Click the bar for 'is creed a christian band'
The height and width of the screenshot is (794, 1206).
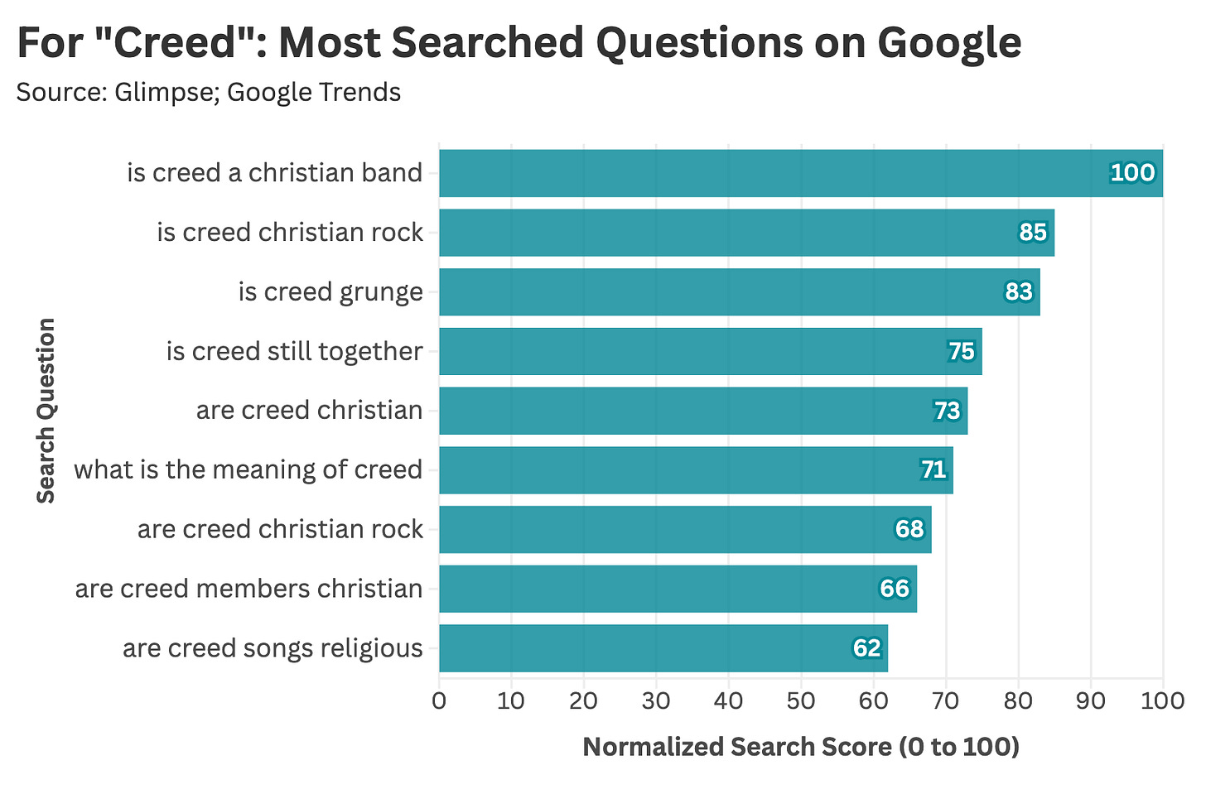pos(800,173)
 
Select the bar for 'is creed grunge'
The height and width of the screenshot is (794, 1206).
pos(739,291)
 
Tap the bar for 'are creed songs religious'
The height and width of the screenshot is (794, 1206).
pos(663,648)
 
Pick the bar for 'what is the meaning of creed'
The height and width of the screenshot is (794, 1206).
pos(696,470)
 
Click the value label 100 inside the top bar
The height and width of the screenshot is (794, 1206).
pos(1131,173)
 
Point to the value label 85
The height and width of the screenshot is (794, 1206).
pos(1032,233)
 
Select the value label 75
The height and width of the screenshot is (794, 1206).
pos(961,352)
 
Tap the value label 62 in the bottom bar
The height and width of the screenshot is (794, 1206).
pos(866,648)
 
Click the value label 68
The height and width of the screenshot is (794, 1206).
pos(909,529)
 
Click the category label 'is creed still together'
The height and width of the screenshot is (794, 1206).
pos(294,352)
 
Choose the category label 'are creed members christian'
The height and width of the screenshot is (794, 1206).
pos(248,589)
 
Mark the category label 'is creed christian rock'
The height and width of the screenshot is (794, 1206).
pos(290,233)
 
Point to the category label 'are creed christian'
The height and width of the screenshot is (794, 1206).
pos(309,411)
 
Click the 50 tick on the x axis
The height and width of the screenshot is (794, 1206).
pos(801,700)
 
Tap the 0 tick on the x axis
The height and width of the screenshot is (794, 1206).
pos(439,700)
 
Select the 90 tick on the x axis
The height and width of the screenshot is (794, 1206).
pos(1090,700)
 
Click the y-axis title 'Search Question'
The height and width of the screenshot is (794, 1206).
pos(46,411)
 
